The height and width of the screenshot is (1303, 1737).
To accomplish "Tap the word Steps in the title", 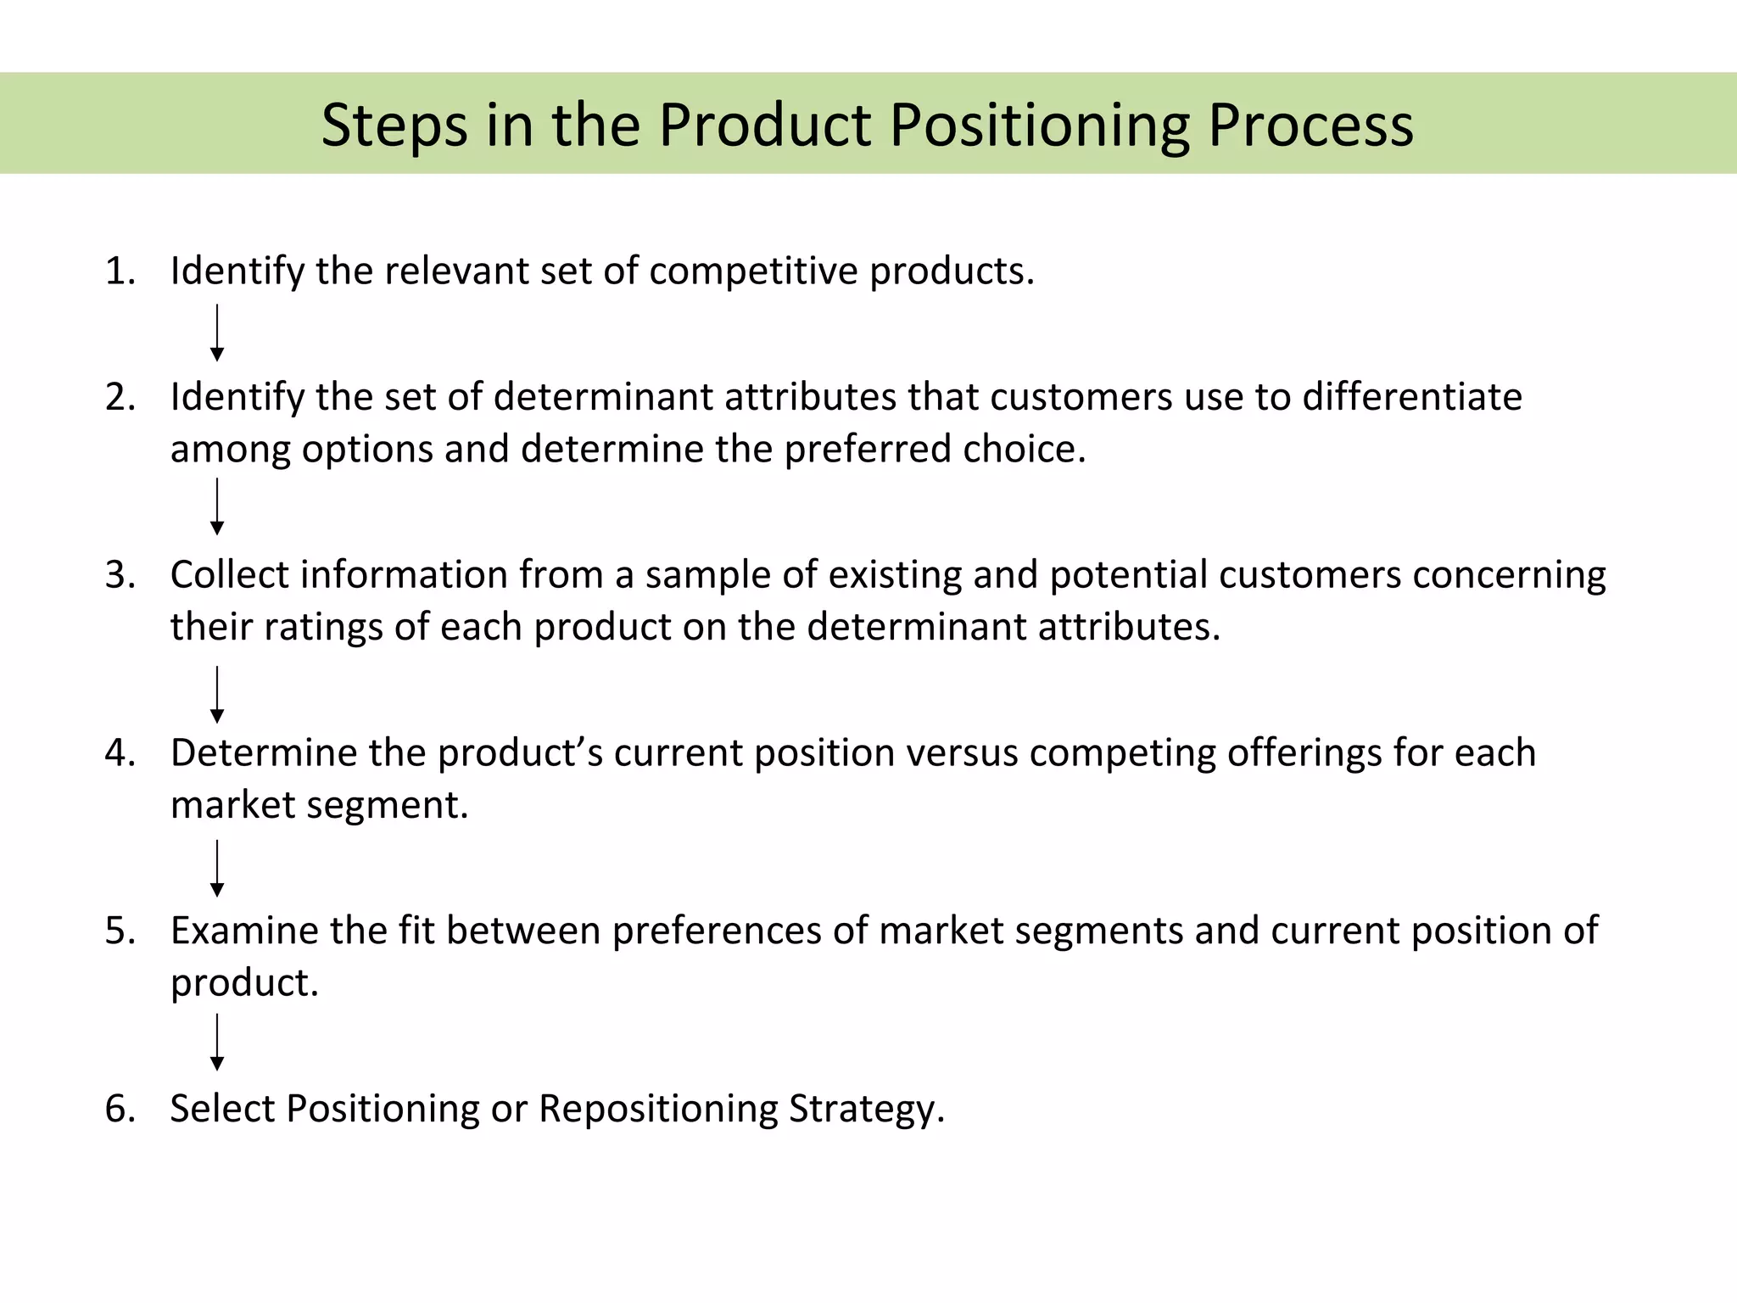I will pos(394,126).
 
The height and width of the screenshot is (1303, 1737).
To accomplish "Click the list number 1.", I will pos(119,271).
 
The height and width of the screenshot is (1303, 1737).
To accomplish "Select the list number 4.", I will pos(119,753).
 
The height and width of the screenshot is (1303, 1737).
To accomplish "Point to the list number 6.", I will pos(119,1110).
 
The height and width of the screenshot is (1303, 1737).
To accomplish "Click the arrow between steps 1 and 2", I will pos(217,333).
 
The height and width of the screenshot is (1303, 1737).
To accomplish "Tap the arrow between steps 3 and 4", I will pos(217,694).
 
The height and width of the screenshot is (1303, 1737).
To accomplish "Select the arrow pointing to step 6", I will pos(217,1042).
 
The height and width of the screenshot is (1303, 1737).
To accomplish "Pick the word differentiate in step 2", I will pos(1411,397).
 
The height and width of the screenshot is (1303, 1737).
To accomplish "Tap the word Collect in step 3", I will pos(229,575).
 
